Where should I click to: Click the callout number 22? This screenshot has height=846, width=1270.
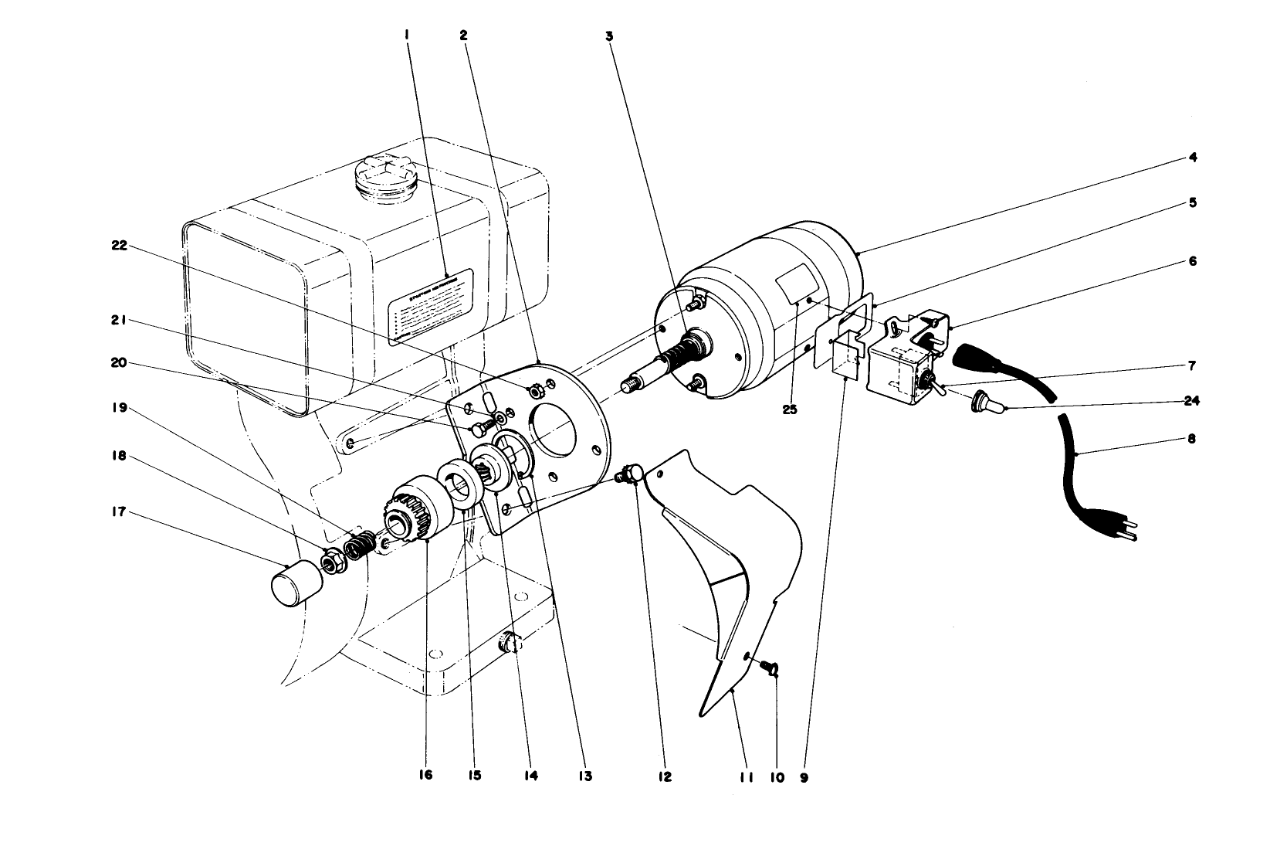coord(119,246)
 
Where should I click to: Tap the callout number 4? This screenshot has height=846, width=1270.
coord(1192,158)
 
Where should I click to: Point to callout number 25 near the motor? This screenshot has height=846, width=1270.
coord(789,409)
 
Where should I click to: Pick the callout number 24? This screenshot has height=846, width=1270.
coord(1193,401)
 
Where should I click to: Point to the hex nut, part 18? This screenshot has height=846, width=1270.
coord(334,561)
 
